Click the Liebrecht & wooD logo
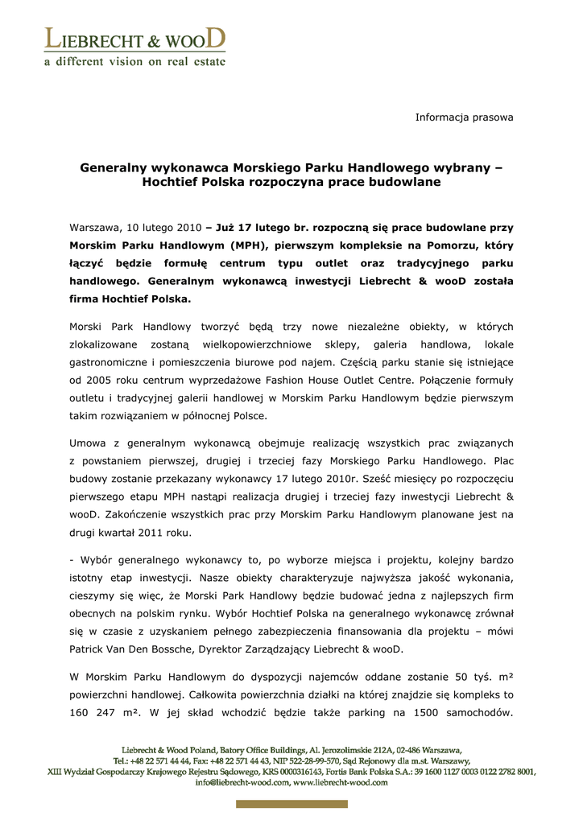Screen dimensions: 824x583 coord(134,39)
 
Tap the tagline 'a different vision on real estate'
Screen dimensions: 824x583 coord(134,63)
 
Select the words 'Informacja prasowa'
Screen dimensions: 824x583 coord(464,117)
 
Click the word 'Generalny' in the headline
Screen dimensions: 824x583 coord(114,168)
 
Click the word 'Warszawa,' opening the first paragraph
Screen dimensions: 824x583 coord(95,228)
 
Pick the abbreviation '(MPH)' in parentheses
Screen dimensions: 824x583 coord(229,245)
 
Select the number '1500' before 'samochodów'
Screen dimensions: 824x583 coord(428,712)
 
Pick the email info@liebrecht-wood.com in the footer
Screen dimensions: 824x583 coord(242,781)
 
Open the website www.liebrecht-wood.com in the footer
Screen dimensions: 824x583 coord(341,781)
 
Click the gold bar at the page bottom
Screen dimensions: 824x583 coord(291,804)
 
